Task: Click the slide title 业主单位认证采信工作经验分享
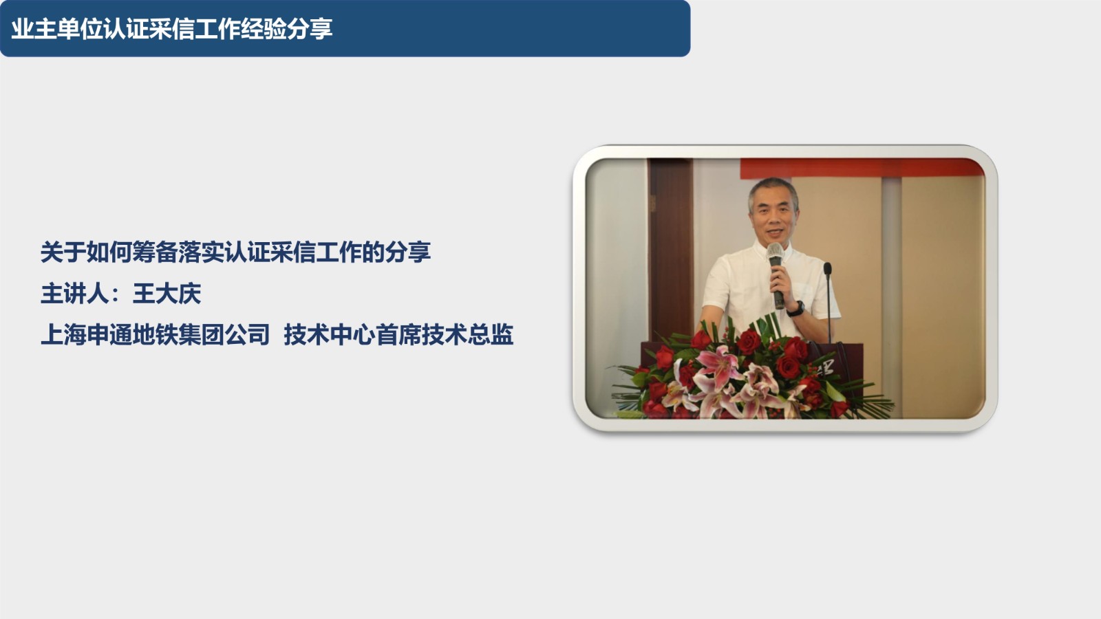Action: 172,28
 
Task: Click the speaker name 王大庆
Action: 167,294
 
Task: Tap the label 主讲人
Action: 75,294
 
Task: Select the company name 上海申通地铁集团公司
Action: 155,335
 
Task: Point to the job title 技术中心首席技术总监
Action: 398,335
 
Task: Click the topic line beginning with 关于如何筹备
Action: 235,252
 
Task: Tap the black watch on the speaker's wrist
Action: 795,309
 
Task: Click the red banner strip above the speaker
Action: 862,168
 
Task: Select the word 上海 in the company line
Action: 63,335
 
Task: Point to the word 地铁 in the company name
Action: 155,335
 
